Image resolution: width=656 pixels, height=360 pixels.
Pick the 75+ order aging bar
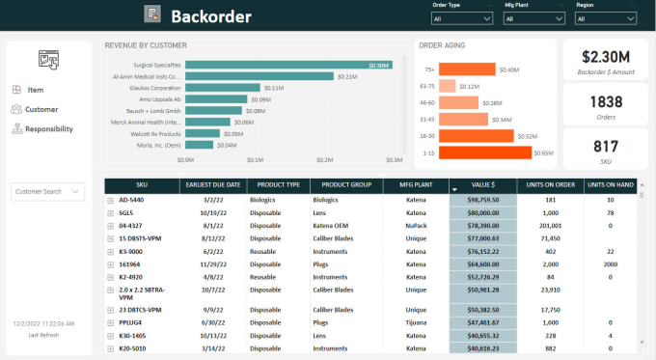pos(467,69)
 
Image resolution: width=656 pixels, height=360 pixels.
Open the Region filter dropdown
pos(605,18)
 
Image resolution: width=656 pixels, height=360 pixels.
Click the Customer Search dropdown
pos(50,192)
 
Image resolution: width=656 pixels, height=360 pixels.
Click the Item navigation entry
pos(35,90)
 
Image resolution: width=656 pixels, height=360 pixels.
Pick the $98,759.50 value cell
pos(482,200)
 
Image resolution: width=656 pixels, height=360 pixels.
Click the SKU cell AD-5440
pos(131,200)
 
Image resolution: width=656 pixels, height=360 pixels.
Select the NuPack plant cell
pos(416,224)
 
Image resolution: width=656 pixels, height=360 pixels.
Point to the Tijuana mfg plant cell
pos(416,322)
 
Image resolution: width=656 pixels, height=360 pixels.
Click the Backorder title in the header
pos(210,15)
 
